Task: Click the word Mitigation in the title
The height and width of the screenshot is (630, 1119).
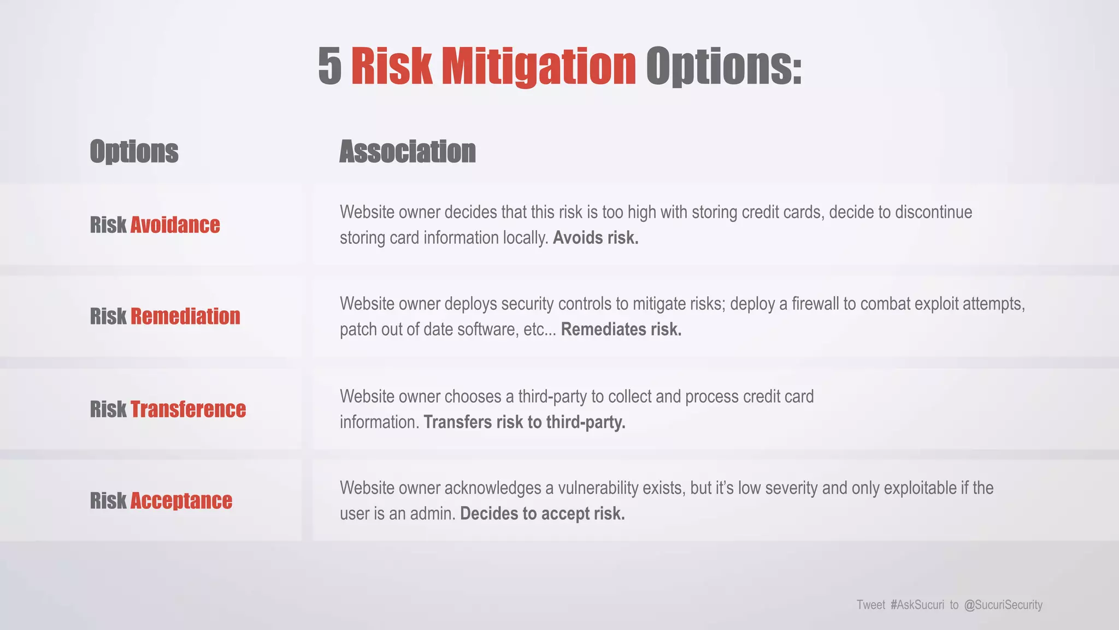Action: click(538, 67)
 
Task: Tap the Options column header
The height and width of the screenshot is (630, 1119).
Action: click(134, 151)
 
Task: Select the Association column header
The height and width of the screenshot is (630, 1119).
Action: click(408, 151)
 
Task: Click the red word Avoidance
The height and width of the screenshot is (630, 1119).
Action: click(175, 225)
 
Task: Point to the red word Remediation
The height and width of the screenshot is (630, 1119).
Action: click(185, 316)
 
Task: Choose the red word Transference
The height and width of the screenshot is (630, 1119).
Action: click(188, 409)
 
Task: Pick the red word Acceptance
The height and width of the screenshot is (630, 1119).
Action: click(181, 500)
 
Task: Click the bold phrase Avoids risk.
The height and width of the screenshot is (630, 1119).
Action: click(596, 238)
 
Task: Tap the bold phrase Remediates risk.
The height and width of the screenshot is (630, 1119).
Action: click(621, 329)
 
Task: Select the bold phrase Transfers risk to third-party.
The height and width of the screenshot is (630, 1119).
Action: click(525, 422)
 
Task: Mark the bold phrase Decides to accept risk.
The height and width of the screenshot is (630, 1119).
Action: click(543, 514)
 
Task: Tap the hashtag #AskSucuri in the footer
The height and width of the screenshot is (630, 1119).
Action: click(917, 605)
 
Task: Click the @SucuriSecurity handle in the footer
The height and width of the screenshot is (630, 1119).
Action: click(1003, 605)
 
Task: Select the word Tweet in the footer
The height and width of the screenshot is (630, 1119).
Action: click(870, 605)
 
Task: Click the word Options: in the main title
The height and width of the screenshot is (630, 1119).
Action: click(723, 67)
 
